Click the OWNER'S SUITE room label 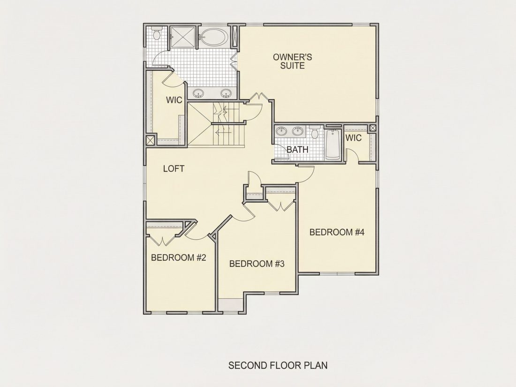point(292,61)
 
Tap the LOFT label point(174,169)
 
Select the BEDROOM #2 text point(178,258)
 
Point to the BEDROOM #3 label point(257,264)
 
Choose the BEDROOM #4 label point(337,232)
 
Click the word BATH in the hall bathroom point(297,149)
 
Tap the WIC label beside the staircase point(174,100)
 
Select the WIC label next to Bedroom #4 point(353,138)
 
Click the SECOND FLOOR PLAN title point(278,365)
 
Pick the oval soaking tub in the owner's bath point(213,38)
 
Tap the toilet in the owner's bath point(156,34)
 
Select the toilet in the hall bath point(315,131)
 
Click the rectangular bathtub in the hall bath point(334,145)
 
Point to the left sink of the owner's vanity point(198,93)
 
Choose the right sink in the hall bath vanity point(298,131)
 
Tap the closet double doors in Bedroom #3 point(281,205)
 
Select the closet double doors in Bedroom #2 point(163,240)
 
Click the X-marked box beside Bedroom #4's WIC point(372,128)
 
